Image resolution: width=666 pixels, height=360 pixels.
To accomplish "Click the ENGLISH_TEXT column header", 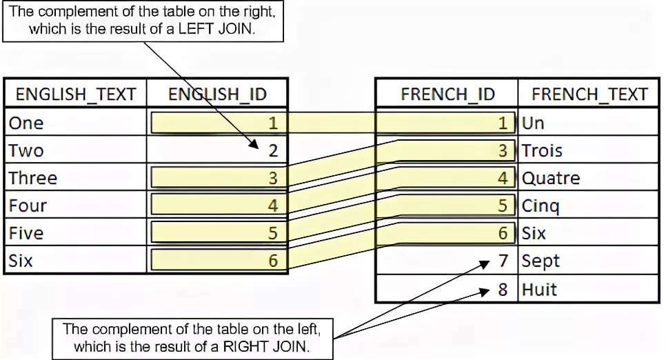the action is click(76, 94).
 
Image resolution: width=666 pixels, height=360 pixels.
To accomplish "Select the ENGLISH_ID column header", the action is click(217, 94).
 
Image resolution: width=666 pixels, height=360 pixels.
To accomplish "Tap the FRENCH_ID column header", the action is click(447, 94).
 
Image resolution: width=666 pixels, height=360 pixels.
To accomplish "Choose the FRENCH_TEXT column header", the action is click(589, 94).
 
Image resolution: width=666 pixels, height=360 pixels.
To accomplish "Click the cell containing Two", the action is click(26, 150).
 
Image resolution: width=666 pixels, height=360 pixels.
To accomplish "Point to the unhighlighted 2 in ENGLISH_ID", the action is click(273, 150).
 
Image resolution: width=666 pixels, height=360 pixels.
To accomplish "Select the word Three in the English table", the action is click(32, 178).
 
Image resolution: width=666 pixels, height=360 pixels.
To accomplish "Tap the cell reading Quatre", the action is click(551, 178).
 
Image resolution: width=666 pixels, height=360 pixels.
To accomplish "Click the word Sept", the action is click(541, 261).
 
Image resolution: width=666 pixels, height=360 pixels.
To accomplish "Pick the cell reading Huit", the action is click(539, 289).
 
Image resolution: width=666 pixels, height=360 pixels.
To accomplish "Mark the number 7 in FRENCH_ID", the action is click(503, 261).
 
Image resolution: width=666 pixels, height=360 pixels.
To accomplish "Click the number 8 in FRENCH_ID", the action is click(503, 289).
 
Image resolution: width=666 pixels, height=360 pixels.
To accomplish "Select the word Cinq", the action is click(541, 206).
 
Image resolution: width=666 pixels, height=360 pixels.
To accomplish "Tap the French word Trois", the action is click(542, 150).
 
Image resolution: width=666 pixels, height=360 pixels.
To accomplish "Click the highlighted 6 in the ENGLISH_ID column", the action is click(273, 261).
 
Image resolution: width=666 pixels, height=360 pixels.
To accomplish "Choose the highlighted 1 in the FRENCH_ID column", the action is click(503, 123).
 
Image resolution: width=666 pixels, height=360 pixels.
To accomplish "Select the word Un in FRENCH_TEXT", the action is click(533, 123).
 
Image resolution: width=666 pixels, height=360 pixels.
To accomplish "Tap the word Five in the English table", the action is click(26, 233).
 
